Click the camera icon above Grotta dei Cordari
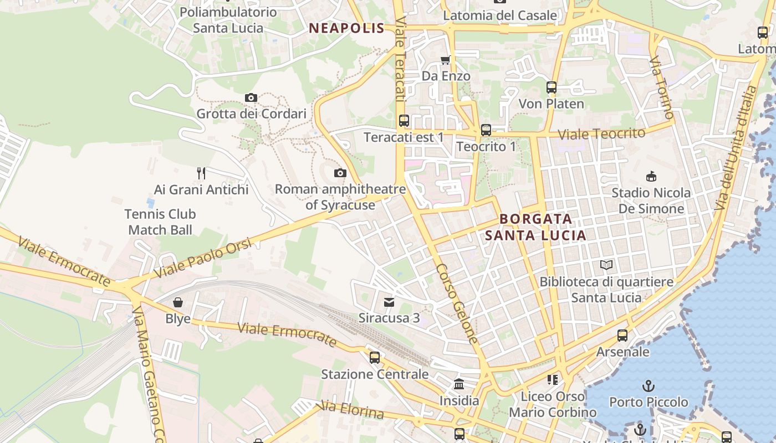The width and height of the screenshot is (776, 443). tap(251, 98)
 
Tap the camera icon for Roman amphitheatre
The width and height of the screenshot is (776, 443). tap(340, 173)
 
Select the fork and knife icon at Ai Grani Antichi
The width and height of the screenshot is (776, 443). tap(201, 173)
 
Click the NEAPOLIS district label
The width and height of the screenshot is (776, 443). tap(346, 28)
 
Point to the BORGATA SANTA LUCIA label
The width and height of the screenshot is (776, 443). tap(535, 227)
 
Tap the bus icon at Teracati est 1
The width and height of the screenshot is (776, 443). tap(404, 121)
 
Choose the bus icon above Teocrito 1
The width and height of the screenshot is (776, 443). tap(486, 130)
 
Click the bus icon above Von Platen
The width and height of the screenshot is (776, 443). tap(552, 87)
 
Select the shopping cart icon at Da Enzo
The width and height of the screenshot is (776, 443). tap(446, 60)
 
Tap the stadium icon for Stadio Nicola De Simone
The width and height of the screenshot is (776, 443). tap(651, 177)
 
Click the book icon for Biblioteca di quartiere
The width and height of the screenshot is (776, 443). tap(606, 265)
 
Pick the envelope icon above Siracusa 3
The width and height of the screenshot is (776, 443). tap(389, 302)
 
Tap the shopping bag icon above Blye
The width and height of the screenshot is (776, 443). tap(178, 302)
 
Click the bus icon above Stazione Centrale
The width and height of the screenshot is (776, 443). tap(375, 358)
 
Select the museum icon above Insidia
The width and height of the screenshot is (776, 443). tap(459, 384)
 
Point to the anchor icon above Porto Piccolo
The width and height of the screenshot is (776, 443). tap(648, 385)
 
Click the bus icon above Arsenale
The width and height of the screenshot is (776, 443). tap(622, 336)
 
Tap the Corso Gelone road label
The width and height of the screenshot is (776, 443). tap(457, 303)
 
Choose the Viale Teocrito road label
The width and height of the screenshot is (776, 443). tap(601, 133)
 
